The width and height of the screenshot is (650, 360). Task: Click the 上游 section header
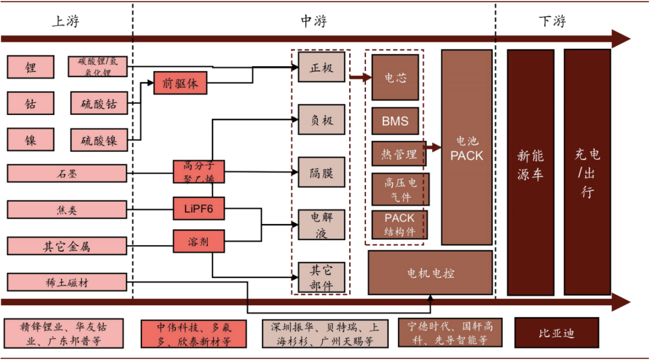tap(66, 22)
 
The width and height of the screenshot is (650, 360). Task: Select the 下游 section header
tap(552, 22)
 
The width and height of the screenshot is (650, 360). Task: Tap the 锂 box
tap(31, 67)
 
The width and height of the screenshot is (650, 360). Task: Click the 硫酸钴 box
tap(99, 104)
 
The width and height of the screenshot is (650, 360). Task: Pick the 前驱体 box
tap(180, 83)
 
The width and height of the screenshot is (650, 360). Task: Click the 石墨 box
tap(67, 173)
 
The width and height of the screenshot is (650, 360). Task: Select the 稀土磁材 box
tap(67, 282)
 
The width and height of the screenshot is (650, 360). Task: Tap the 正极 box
tap(321, 67)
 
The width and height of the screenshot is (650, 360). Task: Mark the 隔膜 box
tap(321, 172)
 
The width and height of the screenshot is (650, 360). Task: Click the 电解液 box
tap(321, 225)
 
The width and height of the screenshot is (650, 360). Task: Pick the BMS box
tap(395, 122)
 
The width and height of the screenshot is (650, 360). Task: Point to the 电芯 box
tap(395, 78)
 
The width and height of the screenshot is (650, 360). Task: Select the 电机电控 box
tap(430, 273)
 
